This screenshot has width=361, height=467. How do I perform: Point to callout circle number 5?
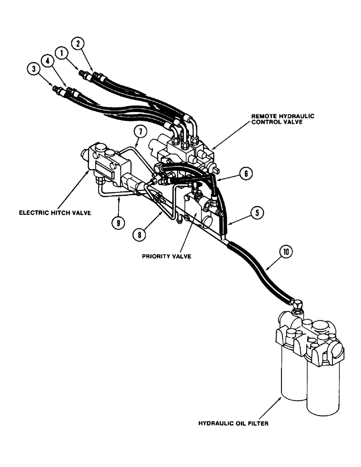(x=255, y=213)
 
